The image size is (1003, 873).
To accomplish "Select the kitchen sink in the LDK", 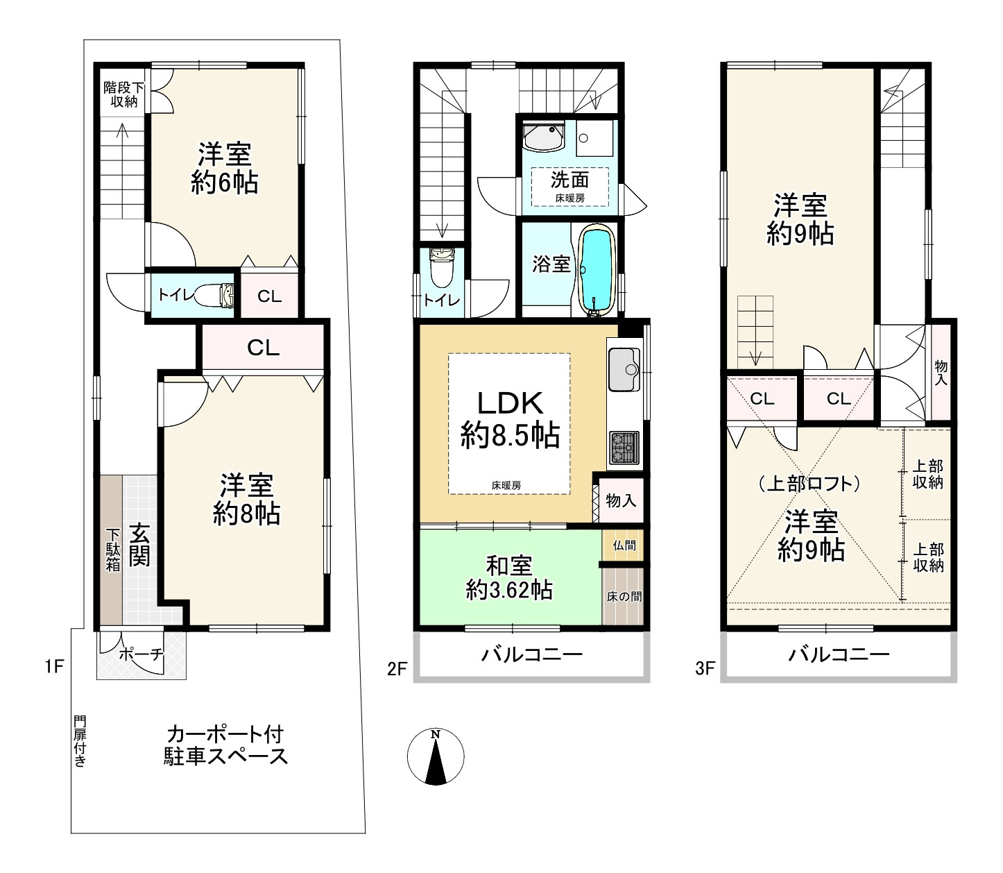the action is (624, 369).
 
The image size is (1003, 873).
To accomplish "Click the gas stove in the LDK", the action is (624, 448).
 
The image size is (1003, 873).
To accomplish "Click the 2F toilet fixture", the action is (442, 268).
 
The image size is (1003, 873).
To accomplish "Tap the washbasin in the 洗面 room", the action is (544, 137).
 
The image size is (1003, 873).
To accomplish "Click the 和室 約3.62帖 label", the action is (509, 578).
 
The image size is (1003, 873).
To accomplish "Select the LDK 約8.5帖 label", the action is (510, 420).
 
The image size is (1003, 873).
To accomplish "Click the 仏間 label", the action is (624, 545).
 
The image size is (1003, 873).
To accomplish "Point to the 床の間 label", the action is (624, 597).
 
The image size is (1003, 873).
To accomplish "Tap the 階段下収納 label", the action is (123, 94).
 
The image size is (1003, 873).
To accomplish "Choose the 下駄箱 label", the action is (113, 550).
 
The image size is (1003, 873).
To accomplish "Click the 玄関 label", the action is (139, 545).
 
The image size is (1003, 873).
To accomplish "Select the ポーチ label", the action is (142, 655).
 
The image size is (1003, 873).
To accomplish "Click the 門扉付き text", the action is (80, 741).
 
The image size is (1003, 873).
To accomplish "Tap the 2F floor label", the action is (397, 669).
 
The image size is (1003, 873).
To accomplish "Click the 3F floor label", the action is (705, 669).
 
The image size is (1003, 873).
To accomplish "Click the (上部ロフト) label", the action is (809, 484).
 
